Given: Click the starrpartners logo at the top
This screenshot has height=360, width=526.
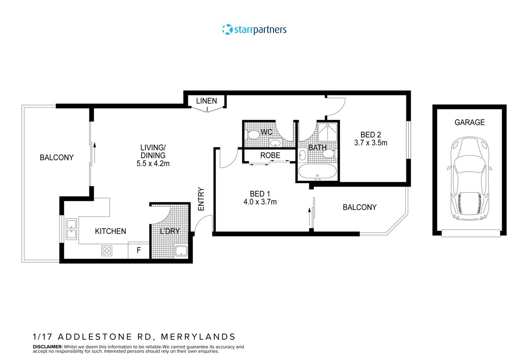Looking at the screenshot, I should pos(254,30).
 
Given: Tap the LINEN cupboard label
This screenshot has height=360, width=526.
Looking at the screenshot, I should pos(206,101).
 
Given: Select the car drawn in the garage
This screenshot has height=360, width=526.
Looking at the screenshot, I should pos(469,177).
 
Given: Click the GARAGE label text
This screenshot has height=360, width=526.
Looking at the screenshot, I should pos(469,123).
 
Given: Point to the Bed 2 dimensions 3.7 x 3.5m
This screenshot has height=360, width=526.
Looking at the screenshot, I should pos(370,143).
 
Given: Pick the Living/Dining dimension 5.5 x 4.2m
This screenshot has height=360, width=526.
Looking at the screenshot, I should pos(153,164).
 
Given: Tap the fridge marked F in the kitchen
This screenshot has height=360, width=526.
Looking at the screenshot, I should pos(139,251).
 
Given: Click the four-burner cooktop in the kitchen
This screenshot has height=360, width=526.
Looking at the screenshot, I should pos(107,251).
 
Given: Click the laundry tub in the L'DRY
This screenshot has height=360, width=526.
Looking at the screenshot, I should pos(181,251).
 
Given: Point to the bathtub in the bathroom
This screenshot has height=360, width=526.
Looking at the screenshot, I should pos(317,172).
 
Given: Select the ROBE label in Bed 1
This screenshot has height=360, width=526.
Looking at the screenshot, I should pos(270,155).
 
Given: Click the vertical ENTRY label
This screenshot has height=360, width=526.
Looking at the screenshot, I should pos(201,199).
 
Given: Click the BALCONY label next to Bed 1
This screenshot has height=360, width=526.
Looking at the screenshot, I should pos(359,207).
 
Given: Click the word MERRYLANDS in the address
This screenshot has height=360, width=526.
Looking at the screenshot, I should pos(198,337).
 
